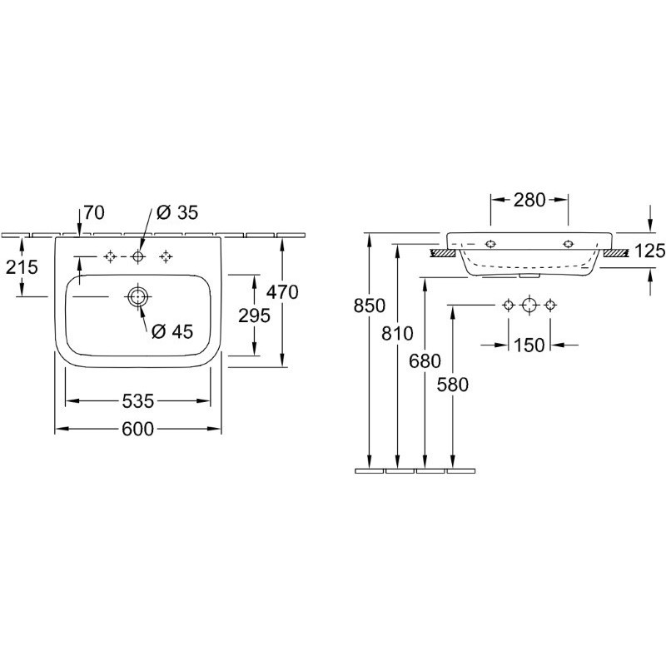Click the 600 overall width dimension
coord(137,429)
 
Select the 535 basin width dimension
coord(137,400)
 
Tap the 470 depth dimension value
coord(282,292)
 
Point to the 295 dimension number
coord(254,316)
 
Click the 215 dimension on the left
coord(22,267)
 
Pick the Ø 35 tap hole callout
coord(177,212)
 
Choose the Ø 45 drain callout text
coord(172,331)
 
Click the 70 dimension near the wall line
coord(94,212)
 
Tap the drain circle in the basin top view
coord(137,296)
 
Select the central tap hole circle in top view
coord(137,256)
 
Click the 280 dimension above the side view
coord(529,200)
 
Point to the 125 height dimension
coord(650,251)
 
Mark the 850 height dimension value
coord(370,306)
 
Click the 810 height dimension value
coord(397,334)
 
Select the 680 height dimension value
coord(425,361)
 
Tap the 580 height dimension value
coord(453,385)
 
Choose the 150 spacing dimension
coord(529,345)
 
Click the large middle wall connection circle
coord(529,305)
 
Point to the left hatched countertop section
coord(443,254)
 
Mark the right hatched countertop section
coord(616,254)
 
